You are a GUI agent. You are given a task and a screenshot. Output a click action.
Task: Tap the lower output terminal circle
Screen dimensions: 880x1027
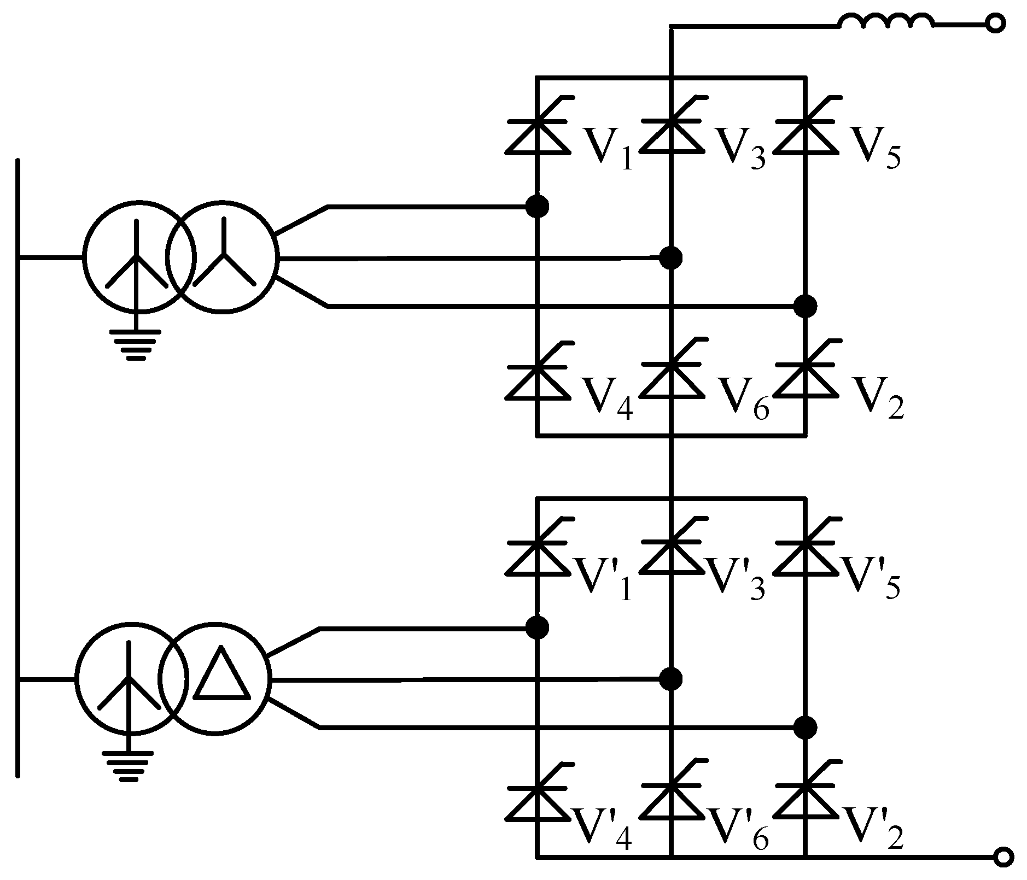tap(1003, 858)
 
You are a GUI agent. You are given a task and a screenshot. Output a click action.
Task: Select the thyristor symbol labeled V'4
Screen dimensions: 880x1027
tap(537, 797)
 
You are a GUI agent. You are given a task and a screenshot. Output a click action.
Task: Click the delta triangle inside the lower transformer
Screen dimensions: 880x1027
tap(221, 674)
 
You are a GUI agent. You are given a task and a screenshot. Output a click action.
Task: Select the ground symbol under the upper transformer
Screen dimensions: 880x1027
tap(136, 344)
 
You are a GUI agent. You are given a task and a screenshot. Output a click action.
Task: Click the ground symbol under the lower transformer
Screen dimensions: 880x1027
tap(128, 765)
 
